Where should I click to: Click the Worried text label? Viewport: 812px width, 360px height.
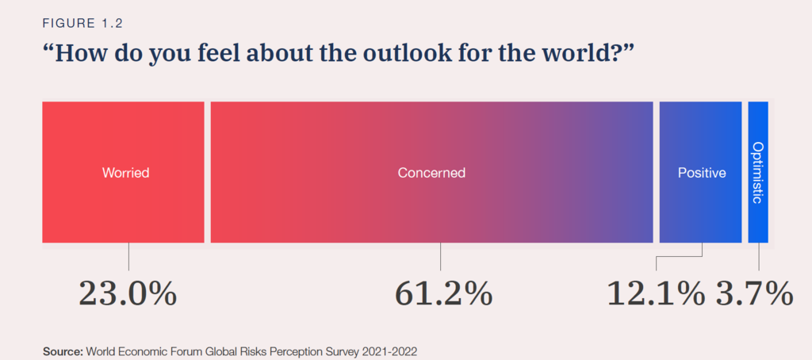coord(126,172)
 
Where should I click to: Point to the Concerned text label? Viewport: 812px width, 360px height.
coord(431,172)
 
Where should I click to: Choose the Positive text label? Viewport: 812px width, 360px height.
coord(702,172)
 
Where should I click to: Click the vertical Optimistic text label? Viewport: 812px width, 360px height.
coord(758,172)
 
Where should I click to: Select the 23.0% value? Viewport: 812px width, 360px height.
coord(127,293)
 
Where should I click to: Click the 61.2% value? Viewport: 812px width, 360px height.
coord(443,293)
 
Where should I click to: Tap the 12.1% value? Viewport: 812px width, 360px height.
coord(656,293)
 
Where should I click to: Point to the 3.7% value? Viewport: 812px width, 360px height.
coord(754,293)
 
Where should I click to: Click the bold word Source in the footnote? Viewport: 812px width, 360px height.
coord(62,349)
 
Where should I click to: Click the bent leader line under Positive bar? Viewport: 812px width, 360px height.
coord(680,256)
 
